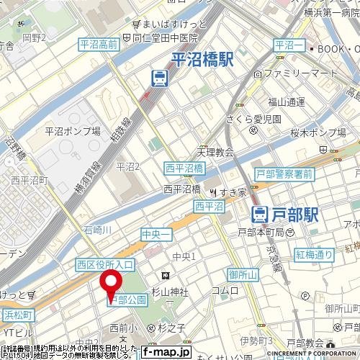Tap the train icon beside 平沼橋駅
[x=160, y=76]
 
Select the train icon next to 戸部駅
[x=261, y=212]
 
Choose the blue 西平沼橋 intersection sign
[x=184, y=168]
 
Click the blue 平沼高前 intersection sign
[x=99, y=45]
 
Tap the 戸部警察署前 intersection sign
[x=284, y=174]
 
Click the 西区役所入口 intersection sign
[x=105, y=265]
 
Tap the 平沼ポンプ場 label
[x=72, y=131]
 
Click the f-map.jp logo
[x=166, y=352]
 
